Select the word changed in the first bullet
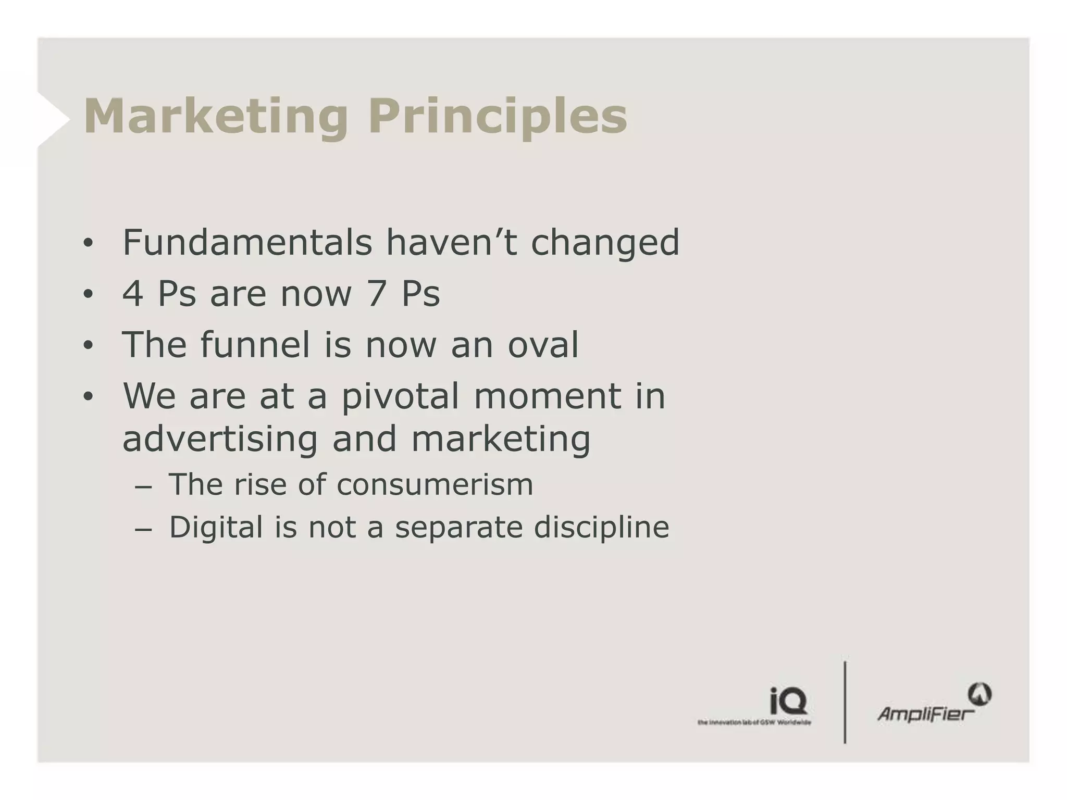point(605,243)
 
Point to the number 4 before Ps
point(132,293)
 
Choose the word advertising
point(219,439)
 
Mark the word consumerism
point(435,484)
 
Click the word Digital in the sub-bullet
point(216,527)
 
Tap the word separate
point(458,527)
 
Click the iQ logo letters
point(788,701)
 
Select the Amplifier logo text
point(925,713)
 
